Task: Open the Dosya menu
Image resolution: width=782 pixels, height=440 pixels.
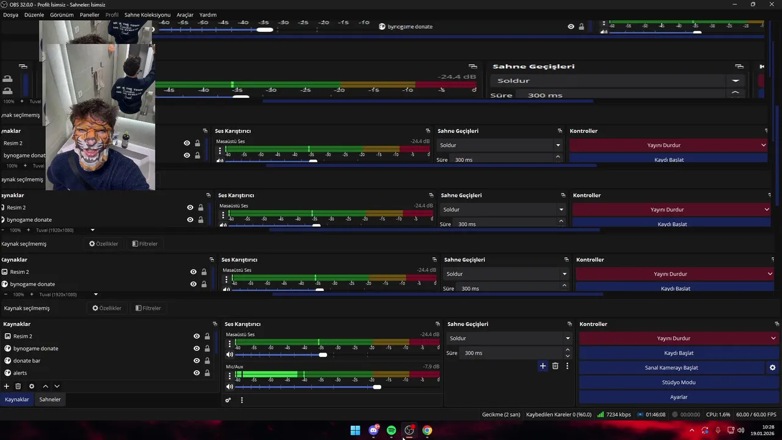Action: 10,15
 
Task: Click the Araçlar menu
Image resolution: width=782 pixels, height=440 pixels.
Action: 185,15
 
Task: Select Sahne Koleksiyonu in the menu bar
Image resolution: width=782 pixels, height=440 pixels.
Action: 147,15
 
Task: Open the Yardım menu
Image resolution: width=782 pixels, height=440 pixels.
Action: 208,15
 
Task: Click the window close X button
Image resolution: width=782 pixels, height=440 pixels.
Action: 770,4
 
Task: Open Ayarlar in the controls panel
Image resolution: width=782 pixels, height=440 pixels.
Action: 678,397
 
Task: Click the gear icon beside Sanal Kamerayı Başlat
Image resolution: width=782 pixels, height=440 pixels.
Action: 772,367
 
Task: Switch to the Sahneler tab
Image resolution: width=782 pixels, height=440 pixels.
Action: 50,399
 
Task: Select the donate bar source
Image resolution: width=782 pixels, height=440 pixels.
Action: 27,361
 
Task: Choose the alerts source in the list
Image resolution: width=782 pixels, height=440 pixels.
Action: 20,373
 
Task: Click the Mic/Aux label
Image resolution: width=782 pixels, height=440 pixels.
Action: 235,367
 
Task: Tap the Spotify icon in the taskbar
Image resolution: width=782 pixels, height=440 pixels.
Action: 391,430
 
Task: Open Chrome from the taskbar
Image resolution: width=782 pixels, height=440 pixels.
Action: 427,430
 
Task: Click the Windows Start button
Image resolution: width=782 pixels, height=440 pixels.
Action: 355,430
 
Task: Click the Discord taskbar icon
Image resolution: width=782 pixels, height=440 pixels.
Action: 373,430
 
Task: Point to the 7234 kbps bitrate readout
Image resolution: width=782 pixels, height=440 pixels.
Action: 618,414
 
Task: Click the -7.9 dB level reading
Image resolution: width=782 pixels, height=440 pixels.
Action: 431,367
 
